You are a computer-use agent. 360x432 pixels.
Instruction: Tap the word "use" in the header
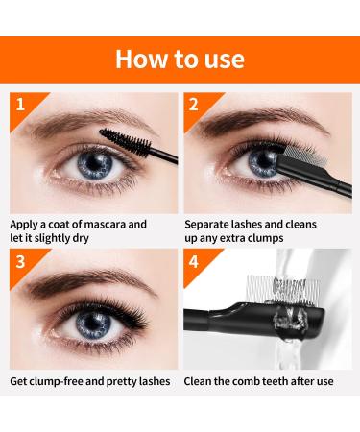(224, 58)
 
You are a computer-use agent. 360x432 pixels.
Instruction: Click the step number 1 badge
(20, 103)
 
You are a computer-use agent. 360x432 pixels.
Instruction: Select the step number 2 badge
(195, 103)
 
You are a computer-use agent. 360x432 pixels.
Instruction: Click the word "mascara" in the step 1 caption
(121, 225)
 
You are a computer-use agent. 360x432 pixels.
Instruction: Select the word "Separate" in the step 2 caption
(210, 225)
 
